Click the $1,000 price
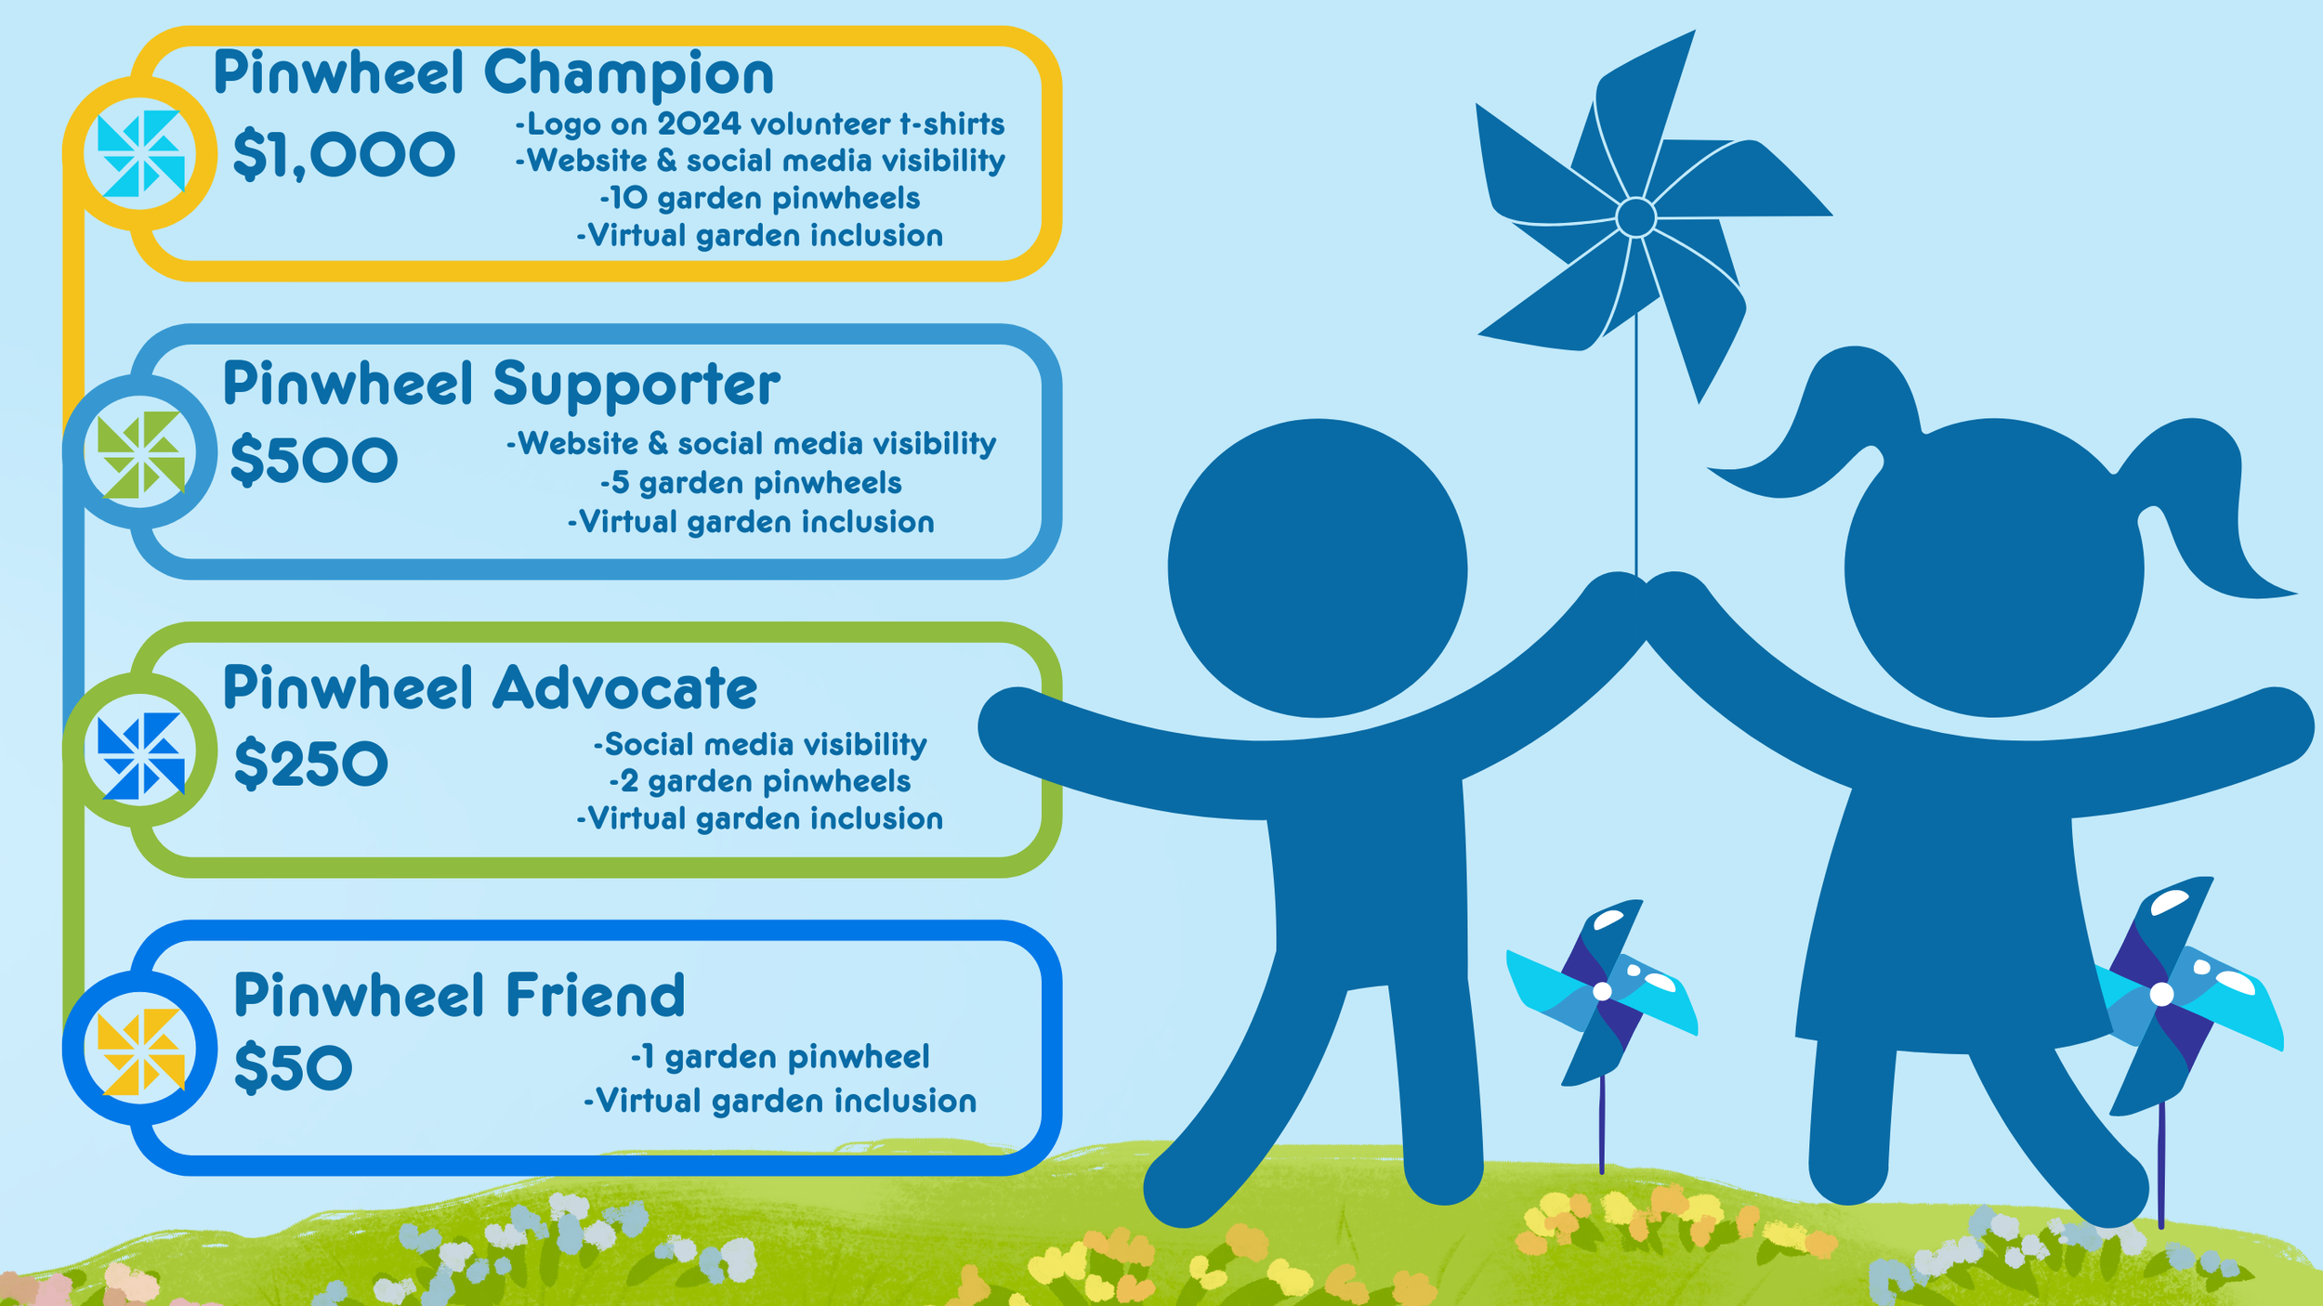point(344,154)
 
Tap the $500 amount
point(314,460)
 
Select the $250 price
point(310,764)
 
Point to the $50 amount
point(293,1067)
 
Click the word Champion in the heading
point(628,74)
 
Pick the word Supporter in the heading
point(637,384)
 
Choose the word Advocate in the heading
point(624,688)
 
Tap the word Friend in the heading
point(596,995)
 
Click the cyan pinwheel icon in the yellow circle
point(140,153)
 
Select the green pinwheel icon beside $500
point(140,454)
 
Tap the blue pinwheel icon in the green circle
point(140,755)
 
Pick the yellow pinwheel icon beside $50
point(140,1051)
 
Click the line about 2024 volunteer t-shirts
point(760,124)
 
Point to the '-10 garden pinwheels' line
point(760,198)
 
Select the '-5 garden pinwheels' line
point(751,483)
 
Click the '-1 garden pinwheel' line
point(781,1057)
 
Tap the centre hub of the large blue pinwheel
point(1635,217)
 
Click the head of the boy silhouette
point(1317,568)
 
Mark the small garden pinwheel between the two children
point(1602,992)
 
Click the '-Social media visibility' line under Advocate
point(760,744)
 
